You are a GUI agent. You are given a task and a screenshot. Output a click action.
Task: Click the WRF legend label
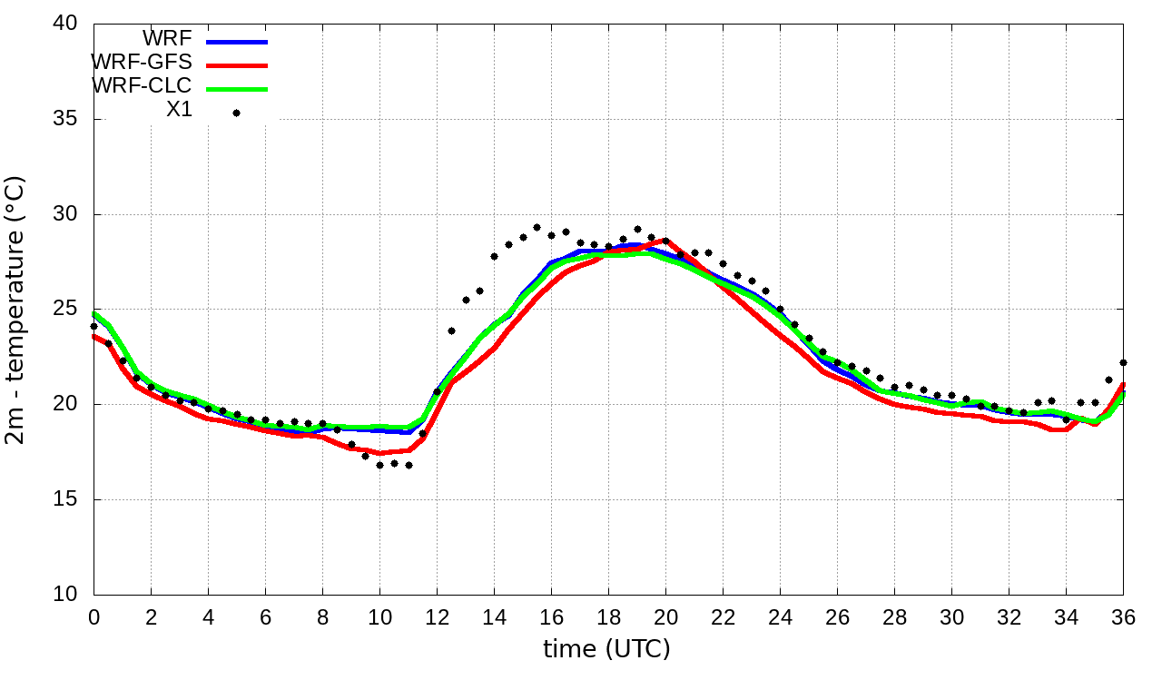[x=167, y=39]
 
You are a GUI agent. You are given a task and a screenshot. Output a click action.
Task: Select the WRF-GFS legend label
[x=142, y=63]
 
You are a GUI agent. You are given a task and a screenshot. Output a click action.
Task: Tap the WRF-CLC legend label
[x=142, y=86]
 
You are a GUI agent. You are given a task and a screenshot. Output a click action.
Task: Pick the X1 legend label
[x=179, y=110]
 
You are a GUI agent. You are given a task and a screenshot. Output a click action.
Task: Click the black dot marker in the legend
[x=237, y=113]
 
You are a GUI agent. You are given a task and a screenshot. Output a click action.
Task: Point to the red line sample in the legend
[x=237, y=65]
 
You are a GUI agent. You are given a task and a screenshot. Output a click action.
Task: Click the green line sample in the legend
[x=237, y=89]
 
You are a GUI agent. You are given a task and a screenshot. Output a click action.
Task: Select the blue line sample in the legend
[x=237, y=42]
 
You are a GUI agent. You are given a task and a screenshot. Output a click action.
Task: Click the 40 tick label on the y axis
[x=66, y=24]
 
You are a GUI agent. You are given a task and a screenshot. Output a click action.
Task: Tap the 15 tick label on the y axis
[x=66, y=499]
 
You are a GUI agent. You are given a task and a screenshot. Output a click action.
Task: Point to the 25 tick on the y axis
[x=66, y=310]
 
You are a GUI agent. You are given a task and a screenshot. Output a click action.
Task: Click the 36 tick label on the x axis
[x=1124, y=617]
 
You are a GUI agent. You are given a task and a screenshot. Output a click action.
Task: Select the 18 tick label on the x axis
[x=608, y=617]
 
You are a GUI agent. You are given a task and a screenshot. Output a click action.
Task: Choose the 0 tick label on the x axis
[x=94, y=617]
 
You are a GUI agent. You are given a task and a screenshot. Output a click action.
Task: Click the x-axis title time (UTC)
[x=606, y=650]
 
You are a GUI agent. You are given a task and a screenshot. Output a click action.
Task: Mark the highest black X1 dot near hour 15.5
[x=537, y=228]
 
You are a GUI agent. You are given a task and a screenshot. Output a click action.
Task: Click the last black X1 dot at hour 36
[x=1123, y=362]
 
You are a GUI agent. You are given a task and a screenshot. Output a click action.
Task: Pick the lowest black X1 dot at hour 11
[x=409, y=465]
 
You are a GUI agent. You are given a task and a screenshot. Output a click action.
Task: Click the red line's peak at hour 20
[x=665, y=240]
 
